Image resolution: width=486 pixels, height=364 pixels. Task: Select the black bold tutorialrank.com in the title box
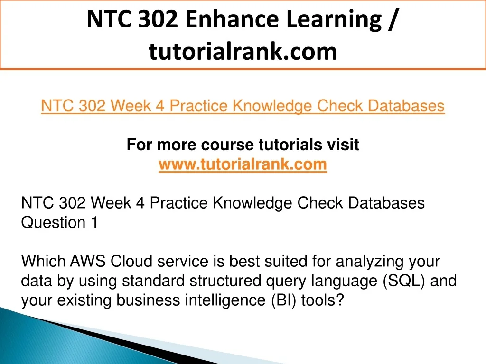[243, 51]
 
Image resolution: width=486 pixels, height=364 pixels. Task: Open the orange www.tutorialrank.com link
[243, 164]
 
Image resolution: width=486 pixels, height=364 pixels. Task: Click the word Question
[53, 223]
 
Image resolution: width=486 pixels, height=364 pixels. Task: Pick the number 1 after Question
[94, 222]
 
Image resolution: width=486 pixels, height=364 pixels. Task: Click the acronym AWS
[88, 261]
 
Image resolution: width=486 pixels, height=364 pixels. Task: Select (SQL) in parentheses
[404, 281]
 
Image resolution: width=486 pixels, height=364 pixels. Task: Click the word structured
[225, 281]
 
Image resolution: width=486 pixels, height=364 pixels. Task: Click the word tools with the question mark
[323, 300]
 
